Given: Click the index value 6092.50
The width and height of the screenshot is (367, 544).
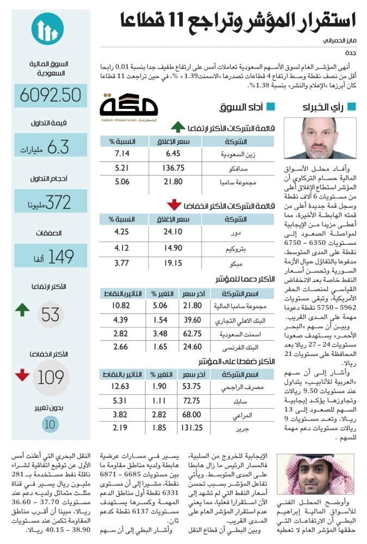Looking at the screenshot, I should click(x=50, y=95).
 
